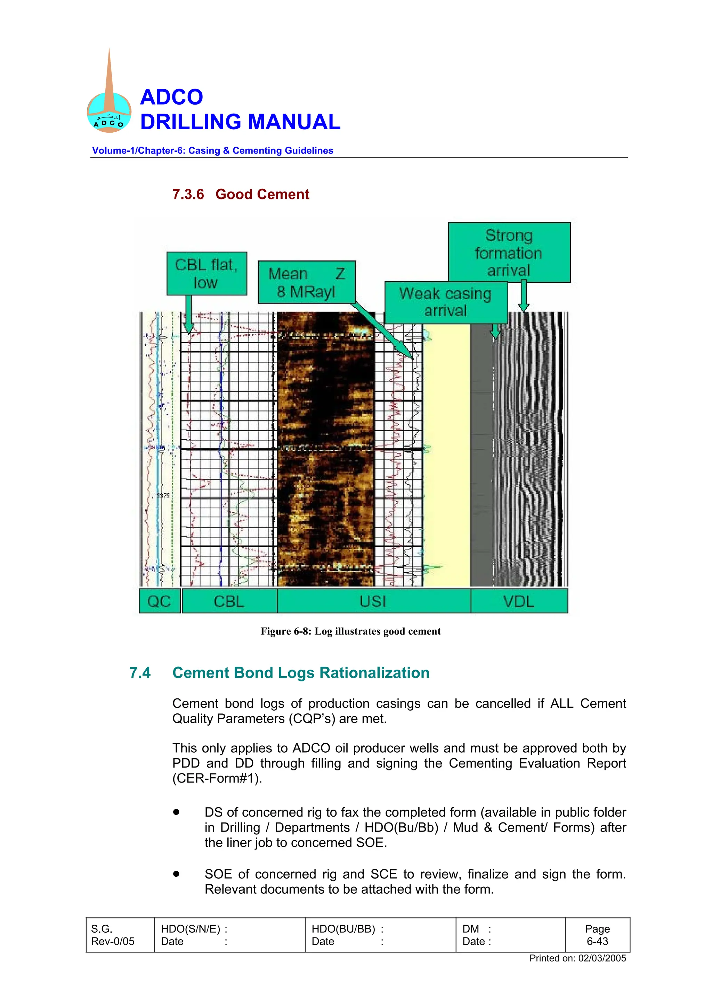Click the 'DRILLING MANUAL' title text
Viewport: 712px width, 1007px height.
tap(240, 122)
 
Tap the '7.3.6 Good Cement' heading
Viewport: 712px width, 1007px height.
tap(240, 194)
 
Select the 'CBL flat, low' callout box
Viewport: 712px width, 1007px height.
tap(207, 273)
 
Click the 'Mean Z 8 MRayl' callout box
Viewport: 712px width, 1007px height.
tap(306, 282)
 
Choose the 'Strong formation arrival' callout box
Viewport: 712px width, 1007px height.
tap(509, 253)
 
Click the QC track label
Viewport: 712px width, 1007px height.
tap(159, 601)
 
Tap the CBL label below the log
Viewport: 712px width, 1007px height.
tap(229, 601)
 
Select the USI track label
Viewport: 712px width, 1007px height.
tap(373, 601)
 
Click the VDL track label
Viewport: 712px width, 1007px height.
tap(519, 601)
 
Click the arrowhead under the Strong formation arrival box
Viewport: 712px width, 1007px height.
tap(523, 307)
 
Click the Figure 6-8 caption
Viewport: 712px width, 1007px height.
tap(350, 631)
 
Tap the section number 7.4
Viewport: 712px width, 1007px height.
tap(140, 673)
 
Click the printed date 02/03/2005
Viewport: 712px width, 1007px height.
tap(602, 958)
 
